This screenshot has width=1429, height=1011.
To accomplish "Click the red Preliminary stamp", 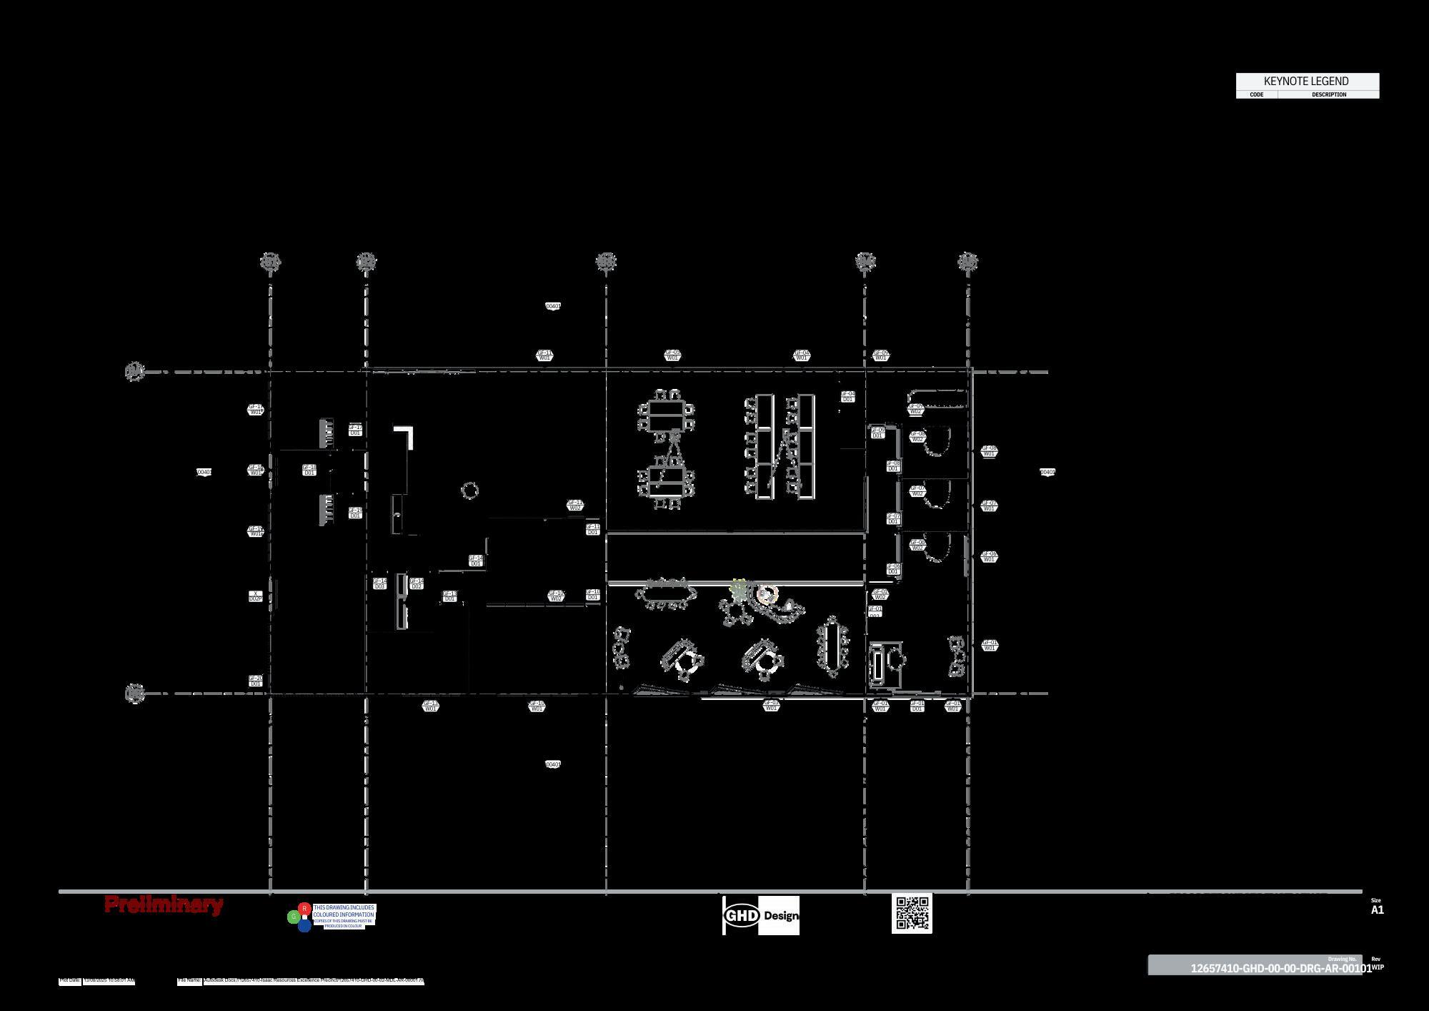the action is click(x=164, y=904).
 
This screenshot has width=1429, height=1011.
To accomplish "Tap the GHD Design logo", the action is click(x=761, y=915).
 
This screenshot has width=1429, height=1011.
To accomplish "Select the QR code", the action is click(x=912, y=913).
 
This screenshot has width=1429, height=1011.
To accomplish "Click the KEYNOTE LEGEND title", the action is click(x=1306, y=81).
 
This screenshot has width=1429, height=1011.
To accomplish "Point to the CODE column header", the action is click(x=1256, y=94).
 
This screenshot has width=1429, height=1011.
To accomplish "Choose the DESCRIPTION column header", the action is click(x=1329, y=94).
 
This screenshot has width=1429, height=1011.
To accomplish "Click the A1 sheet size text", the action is click(x=1377, y=910).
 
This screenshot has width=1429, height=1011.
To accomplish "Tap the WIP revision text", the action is click(x=1378, y=967).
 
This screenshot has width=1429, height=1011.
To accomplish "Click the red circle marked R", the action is click(x=304, y=909).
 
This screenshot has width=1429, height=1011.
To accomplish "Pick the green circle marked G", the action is click(x=293, y=917).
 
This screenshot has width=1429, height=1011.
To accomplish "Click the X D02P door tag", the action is click(x=256, y=596).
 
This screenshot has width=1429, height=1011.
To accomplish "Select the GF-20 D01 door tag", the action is click(x=256, y=681).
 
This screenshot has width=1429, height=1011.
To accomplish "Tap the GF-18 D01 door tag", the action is click(x=309, y=470).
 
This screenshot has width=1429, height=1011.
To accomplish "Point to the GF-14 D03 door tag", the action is click(x=380, y=584).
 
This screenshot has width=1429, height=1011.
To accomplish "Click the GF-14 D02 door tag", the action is click(x=417, y=584).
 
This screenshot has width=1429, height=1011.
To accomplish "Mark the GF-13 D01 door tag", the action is click(x=450, y=596).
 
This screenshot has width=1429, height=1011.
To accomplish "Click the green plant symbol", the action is click(x=739, y=590).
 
